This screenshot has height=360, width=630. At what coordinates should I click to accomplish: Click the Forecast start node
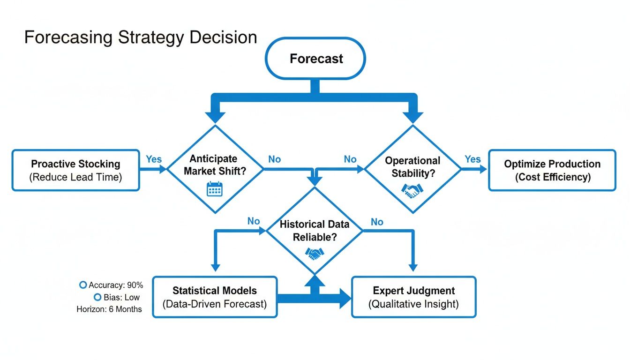[315, 59]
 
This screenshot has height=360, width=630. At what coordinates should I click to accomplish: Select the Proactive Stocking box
[75, 170]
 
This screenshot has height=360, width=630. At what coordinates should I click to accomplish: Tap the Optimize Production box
[552, 170]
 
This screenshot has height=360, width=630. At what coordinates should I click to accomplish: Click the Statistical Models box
[215, 297]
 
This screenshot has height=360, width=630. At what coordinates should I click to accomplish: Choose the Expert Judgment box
[413, 297]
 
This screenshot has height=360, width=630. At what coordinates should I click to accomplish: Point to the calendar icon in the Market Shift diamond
[215, 189]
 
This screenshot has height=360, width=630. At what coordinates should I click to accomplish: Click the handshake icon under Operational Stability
[412, 190]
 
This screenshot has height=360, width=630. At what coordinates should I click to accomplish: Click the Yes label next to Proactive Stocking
[153, 159]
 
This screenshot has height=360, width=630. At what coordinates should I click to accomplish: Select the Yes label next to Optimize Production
[472, 159]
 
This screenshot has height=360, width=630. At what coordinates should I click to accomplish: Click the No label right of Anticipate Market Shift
[274, 159]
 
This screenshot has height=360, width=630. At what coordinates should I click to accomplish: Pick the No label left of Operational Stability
[350, 159]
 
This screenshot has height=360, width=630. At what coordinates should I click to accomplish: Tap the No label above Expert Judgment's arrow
[377, 222]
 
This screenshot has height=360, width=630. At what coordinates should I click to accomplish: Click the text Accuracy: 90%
[116, 285]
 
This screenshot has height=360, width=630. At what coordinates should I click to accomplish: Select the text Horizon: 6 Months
[109, 309]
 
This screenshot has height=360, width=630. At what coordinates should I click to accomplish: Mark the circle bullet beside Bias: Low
[97, 297]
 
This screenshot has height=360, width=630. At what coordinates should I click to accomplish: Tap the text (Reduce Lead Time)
[75, 178]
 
